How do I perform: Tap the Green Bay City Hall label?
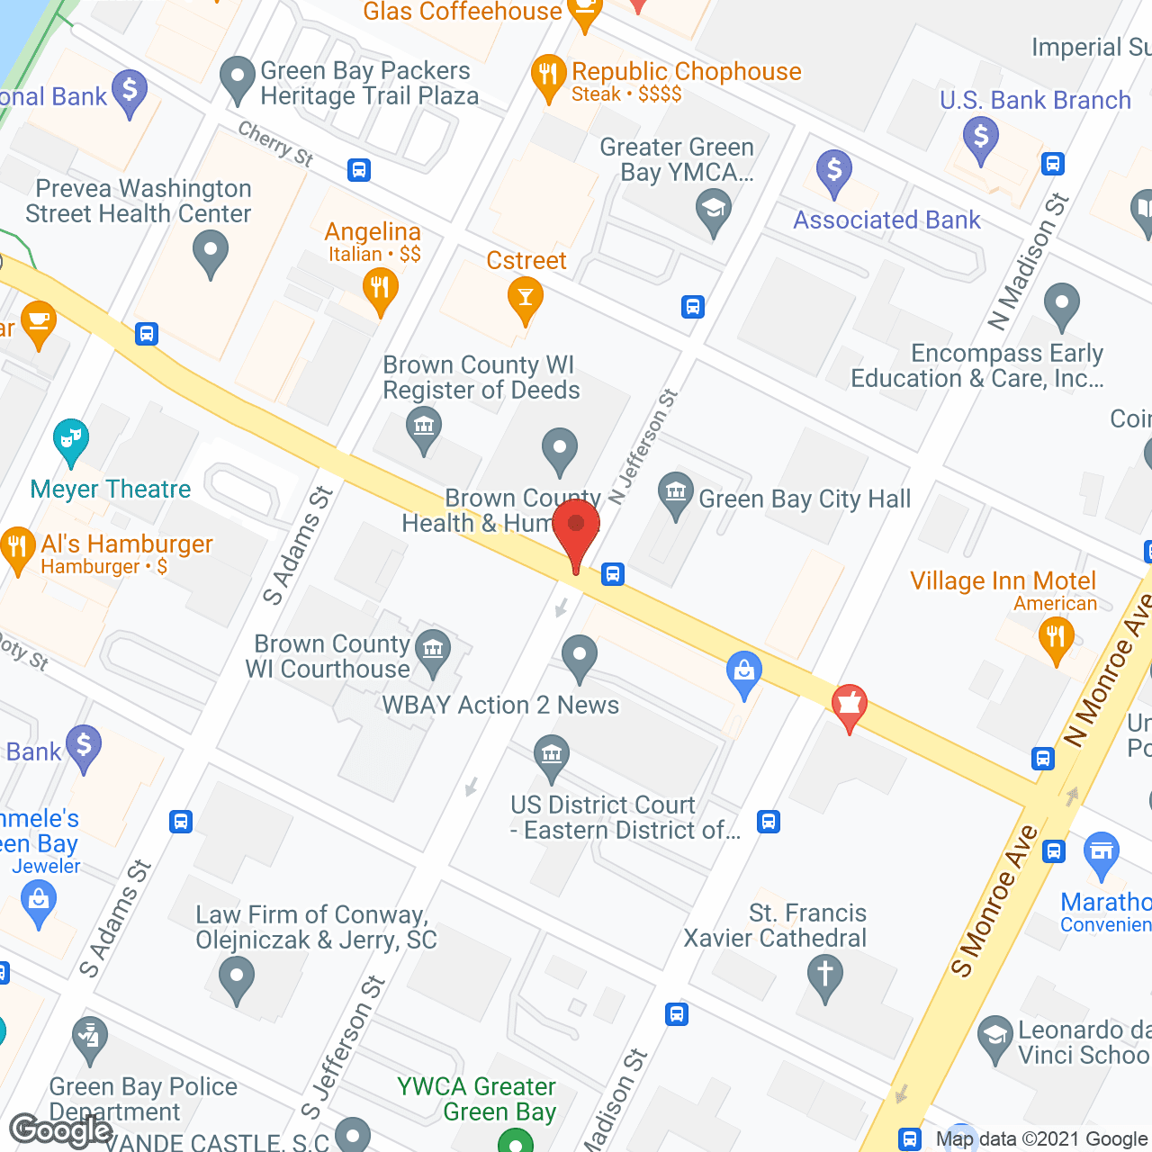pyautogui.click(x=805, y=499)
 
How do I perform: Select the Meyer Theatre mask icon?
pyautogui.click(x=70, y=440)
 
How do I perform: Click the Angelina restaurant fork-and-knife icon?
pyautogui.click(x=380, y=290)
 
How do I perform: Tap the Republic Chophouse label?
pyautogui.click(x=686, y=71)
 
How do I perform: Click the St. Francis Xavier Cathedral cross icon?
pyautogui.click(x=824, y=974)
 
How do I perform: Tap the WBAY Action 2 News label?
pyautogui.click(x=500, y=705)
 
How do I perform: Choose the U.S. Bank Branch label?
pyautogui.click(x=1035, y=100)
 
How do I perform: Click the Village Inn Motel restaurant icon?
pyautogui.click(x=1056, y=637)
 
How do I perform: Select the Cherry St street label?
pyautogui.click(x=275, y=144)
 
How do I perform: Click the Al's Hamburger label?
pyautogui.click(x=126, y=544)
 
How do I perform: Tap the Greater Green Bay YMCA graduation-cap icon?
pyautogui.click(x=714, y=211)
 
